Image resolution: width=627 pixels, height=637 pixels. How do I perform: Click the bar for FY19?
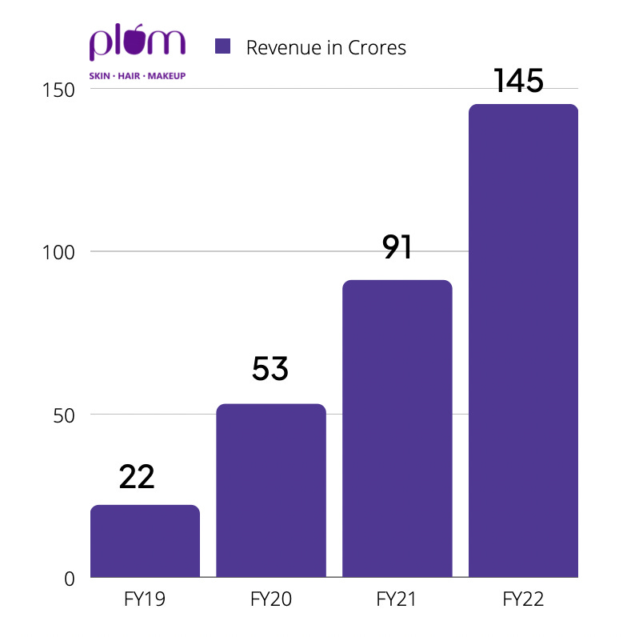145,541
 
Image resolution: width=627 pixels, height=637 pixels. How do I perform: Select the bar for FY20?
271,491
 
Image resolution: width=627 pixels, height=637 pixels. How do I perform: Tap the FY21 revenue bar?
397,429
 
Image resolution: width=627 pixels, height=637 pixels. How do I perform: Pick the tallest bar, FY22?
523,340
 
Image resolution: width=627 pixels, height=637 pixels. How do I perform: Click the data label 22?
137,476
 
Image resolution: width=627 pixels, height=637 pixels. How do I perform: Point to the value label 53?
270,368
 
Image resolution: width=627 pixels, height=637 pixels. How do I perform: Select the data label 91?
397,246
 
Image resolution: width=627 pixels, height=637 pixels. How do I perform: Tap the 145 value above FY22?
518,81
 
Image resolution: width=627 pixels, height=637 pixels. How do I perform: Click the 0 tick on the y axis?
70,579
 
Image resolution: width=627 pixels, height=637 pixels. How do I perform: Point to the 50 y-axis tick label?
64,415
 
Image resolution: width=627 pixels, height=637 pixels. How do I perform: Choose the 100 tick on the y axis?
58,252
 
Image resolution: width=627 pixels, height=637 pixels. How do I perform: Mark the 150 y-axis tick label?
58,90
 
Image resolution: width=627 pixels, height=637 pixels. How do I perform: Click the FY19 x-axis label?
145,599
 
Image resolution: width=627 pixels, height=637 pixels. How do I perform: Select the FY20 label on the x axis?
271,599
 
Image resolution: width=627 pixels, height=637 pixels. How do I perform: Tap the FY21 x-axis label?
397,599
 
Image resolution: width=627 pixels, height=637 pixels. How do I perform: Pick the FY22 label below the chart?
523,599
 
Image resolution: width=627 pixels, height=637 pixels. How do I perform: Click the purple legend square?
222,46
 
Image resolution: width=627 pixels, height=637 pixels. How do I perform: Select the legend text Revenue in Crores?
326,47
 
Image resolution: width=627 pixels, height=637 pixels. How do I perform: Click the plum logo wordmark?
138,42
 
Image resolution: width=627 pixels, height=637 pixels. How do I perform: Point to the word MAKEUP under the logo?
166,76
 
